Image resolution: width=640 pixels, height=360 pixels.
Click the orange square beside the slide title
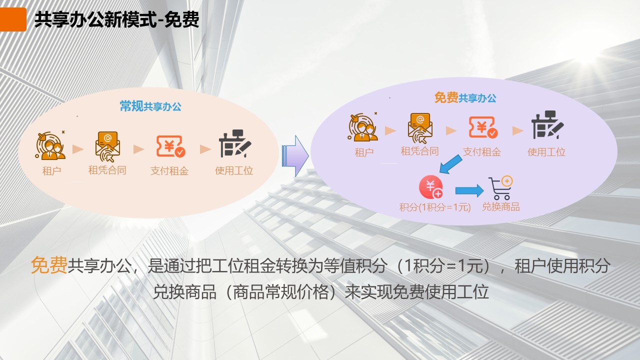tap(13, 19)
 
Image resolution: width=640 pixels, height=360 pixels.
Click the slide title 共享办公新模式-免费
tap(116, 19)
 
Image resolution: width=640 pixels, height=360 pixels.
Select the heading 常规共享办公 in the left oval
tap(150, 106)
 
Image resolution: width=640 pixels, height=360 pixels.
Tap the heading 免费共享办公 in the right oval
tap(465, 97)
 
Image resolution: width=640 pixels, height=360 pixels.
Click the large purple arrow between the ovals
tap(295, 156)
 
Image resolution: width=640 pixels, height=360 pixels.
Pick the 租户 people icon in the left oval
tap(50, 145)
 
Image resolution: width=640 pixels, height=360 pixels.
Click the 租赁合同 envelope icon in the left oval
tap(107, 146)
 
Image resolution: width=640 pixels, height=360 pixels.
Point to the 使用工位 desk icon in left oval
tap(235, 143)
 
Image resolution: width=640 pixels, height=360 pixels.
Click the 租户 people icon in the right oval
tap(363, 127)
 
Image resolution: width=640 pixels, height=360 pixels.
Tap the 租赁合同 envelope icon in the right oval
tap(420, 128)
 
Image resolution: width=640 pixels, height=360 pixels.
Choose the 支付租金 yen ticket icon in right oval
tap(483, 127)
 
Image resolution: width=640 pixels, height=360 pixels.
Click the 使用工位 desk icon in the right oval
tap(547, 125)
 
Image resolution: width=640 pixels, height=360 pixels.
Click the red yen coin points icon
tap(431, 187)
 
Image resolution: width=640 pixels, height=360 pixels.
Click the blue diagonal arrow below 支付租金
tap(450, 164)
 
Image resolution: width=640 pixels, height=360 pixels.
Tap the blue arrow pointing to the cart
tap(469, 190)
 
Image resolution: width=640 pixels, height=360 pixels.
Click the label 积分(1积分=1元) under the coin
tap(435, 207)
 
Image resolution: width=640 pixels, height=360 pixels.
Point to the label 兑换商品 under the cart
tap(500, 206)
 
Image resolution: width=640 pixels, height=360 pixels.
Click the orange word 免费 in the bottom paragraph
tap(49, 265)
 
